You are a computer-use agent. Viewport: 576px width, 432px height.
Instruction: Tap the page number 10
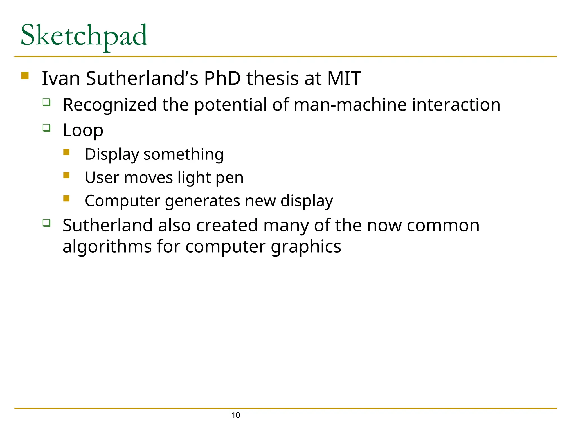[236, 415]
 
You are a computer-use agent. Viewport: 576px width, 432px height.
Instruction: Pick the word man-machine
[350, 105]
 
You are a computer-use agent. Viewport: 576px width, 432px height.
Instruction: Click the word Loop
[83, 130]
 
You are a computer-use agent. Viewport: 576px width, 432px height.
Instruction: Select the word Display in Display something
[112, 154]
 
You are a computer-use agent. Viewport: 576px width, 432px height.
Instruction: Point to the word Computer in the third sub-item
[122, 201]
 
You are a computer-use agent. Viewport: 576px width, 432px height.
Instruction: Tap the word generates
[202, 201]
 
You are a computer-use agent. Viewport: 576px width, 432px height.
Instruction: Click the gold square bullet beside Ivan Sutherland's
[25, 76]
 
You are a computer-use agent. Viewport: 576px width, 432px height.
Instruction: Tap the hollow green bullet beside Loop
[47, 128]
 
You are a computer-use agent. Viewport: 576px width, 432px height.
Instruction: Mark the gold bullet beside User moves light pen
[66, 175]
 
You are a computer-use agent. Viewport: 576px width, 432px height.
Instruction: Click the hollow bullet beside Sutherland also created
[47, 223]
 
